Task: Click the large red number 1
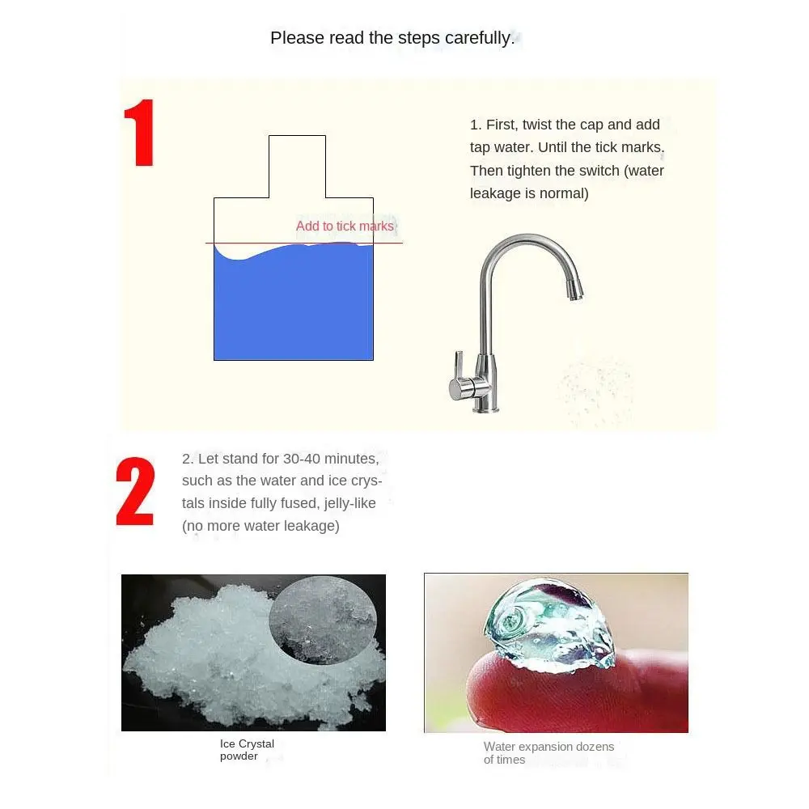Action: (x=139, y=133)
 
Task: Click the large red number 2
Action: (x=134, y=492)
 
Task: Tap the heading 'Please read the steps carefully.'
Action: (x=392, y=38)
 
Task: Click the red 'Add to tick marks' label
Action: (x=345, y=227)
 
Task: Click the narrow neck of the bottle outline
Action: (x=297, y=166)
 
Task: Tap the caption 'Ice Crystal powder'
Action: (x=247, y=750)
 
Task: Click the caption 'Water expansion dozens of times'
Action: (x=549, y=753)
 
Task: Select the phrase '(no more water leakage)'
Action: (x=260, y=526)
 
